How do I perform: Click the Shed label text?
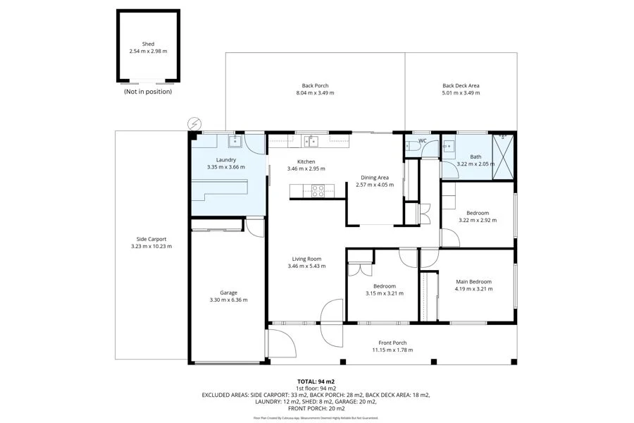[x=148, y=44]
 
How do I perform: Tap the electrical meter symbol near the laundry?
[x=194, y=123]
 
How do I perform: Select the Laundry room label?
[x=226, y=159]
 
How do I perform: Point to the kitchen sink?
[x=311, y=141]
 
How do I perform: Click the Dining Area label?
[x=375, y=178]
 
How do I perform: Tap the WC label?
[x=423, y=141]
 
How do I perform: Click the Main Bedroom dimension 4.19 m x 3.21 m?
[x=473, y=289]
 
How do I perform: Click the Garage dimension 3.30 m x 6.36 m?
[x=228, y=300]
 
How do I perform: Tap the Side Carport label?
[x=151, y=239]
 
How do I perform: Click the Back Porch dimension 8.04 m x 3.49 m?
[x=315, y=93]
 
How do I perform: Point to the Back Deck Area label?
[x=461, y=85]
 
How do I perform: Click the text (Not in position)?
[x=148, y=92]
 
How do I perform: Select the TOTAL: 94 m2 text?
[x=316, y=381]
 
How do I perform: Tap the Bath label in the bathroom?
[x=475, y=157]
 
